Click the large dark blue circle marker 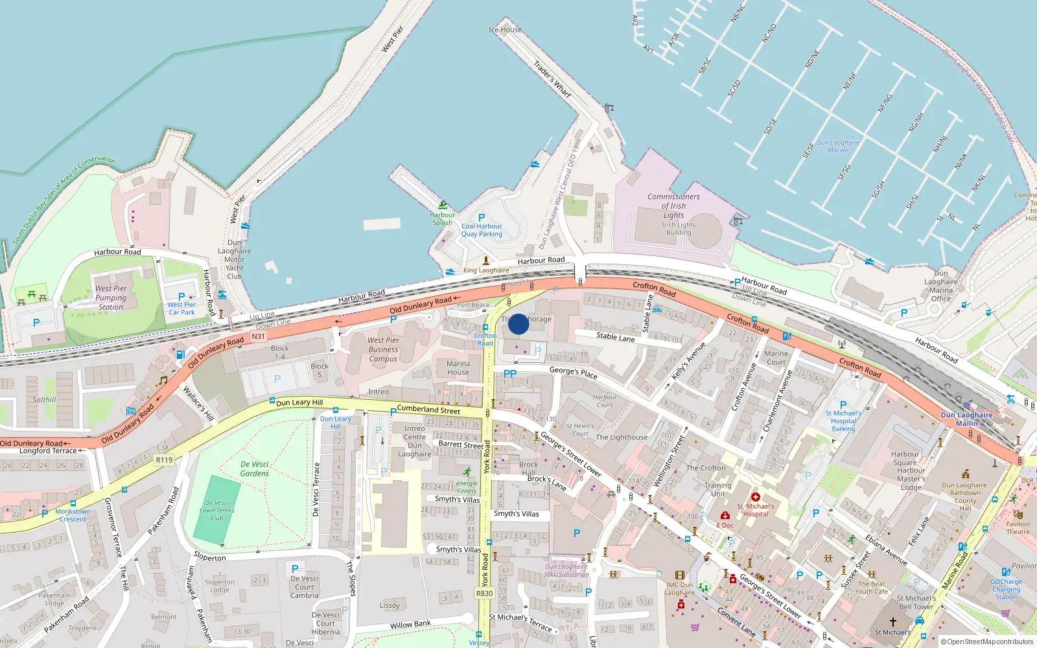(518, 324)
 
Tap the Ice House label (505, 30)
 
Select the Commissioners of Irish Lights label (673, 205)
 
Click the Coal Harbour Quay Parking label (482, 230)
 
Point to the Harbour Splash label (443, 218)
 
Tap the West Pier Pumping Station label (111, 298)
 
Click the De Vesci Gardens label (254, 469)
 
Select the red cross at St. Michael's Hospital (756, 497)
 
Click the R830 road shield (484, 593)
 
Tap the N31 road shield (258, 336)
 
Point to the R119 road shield (165, 460)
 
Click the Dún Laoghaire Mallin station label (966, 419)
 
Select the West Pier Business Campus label (383, 349)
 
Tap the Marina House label (458, 368)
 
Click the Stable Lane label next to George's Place (615, 337)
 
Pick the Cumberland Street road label (428, 410)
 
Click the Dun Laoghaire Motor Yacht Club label (235, 259)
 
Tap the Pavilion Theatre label (1018, 528)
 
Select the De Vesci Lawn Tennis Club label (217, 510)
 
